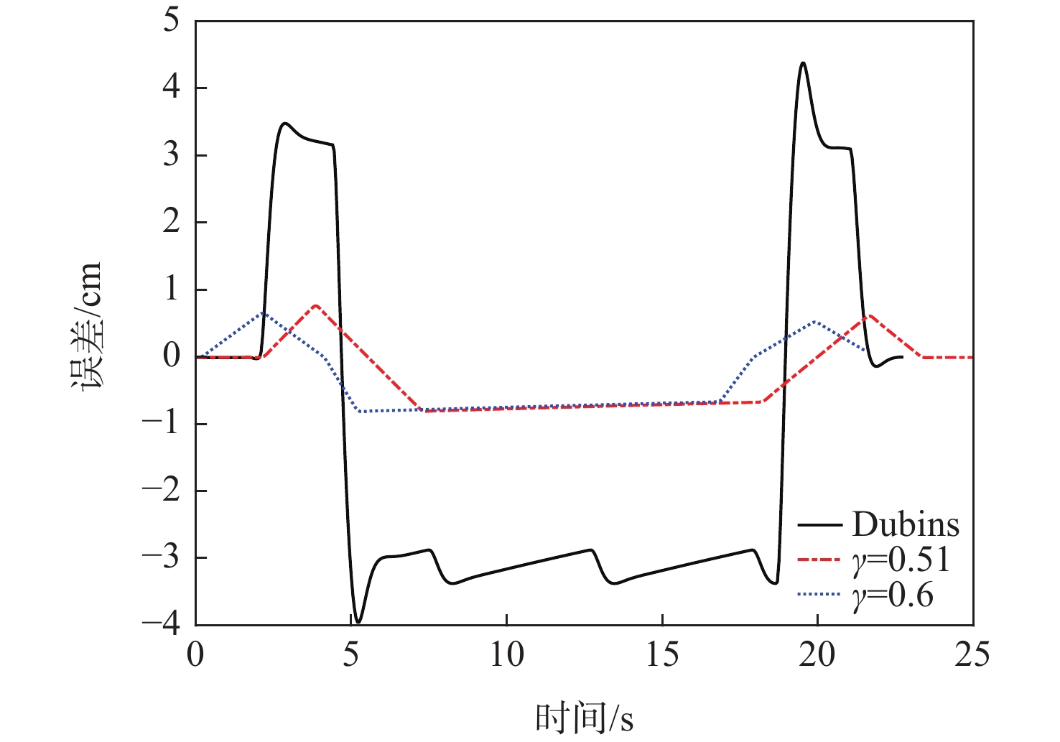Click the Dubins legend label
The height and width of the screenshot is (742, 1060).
coord(906,525)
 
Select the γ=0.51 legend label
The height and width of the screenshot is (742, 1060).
coord(902,560)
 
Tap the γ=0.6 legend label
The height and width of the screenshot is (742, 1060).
coord(893,595)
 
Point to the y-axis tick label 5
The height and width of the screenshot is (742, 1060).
coord(170,21)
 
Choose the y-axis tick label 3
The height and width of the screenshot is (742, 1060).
coord(170,155)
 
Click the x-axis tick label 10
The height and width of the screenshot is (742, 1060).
coord(506,655)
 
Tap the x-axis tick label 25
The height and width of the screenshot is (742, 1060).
coord(972,655)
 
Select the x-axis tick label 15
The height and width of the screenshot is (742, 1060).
coord(661,655)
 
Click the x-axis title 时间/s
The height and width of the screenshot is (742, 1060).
coord(584,718)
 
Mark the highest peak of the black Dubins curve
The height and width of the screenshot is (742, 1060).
coord(803,63)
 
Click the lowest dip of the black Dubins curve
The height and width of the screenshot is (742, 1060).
coord(358,621)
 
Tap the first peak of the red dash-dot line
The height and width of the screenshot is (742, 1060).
coord(316,305)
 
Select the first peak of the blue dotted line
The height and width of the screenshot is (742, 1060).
coord(263,313)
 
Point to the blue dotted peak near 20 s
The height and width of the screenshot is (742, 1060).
coord(815,321)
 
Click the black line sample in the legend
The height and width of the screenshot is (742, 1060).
coord(819,526)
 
